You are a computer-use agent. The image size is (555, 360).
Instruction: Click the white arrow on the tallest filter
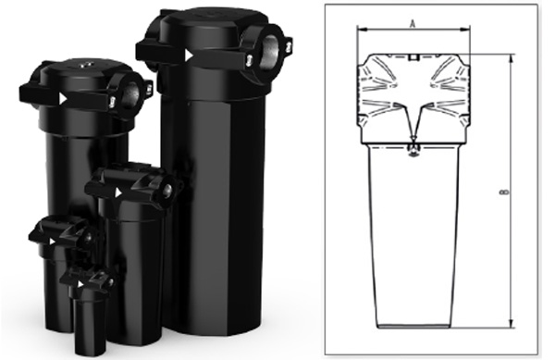(190, 56)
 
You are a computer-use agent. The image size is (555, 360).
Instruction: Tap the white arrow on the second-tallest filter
(63, 99)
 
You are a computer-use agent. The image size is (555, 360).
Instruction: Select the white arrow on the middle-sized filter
(118, 192)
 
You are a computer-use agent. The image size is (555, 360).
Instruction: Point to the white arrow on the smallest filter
(81, 284)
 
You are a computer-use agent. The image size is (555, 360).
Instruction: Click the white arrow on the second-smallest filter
(53, 242)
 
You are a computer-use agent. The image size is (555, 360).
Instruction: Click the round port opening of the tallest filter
(270, 51)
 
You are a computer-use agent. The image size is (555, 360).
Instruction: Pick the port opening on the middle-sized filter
(167, 190)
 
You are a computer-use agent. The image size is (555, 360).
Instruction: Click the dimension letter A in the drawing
(413, 24)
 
